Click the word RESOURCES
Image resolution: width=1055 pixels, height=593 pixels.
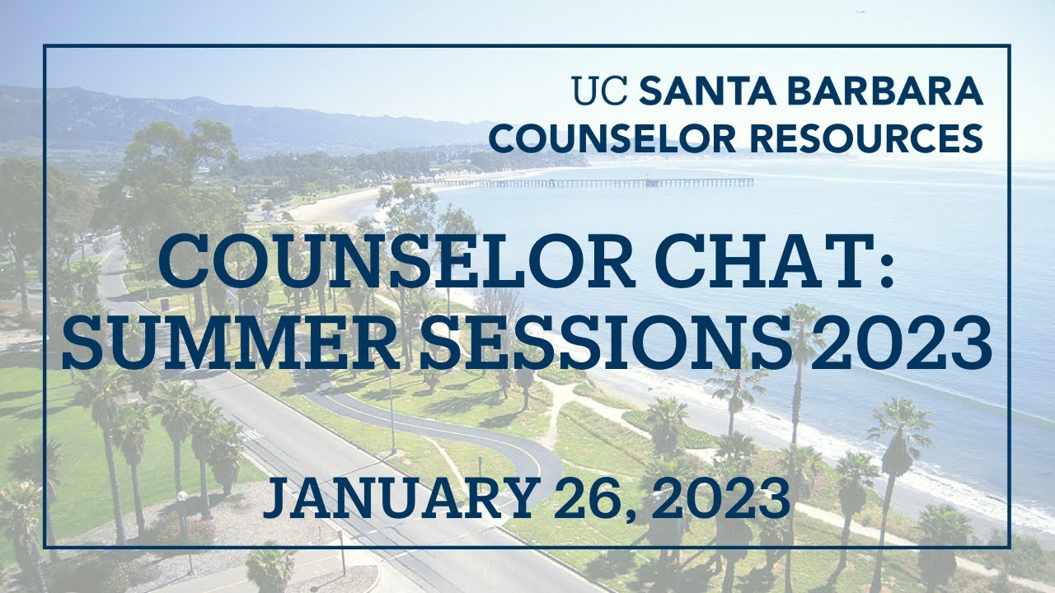pos(865,138)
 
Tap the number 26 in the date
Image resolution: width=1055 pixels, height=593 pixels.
pos(594,497)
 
